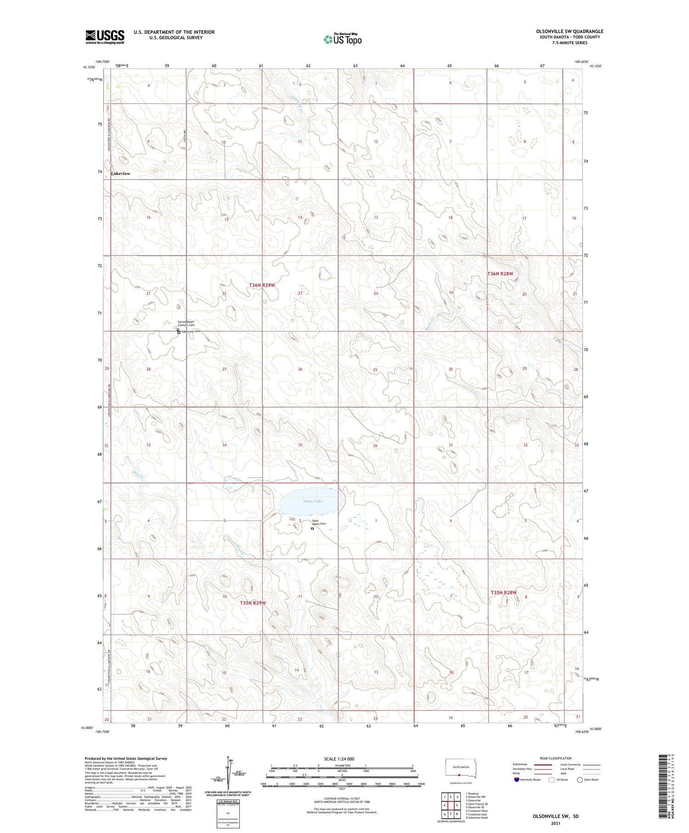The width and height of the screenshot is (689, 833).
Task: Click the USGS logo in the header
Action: pyautogui.click(x=105, y=37)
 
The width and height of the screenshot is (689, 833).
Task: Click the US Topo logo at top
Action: pyautogui.click(x=342, y=39)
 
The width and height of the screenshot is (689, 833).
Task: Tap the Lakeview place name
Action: pyautogui.click(x=121, y=174)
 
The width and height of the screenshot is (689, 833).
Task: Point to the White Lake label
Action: pyautogui.click(x=312, y=501)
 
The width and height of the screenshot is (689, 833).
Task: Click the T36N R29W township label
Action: pyautogui.click(x=262, y=285)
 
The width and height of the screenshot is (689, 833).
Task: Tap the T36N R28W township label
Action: pyautogui.click(x=500, y=274)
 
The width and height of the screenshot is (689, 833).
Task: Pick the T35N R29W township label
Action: pyautogui.click(x=253, y=603)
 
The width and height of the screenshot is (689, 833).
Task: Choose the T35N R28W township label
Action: pyautogui.click(x=503, y=593)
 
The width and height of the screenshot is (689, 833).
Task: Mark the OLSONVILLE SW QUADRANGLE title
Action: pyautogui.click(x=570, y=31)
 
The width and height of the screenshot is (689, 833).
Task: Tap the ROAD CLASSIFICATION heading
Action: pyautogui.click(x=556, y=758)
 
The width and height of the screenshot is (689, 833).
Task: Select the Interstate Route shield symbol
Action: pyautogui.click(x=517, y=780)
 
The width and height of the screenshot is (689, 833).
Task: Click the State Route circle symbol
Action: pyautogui.click(x=580, y=780)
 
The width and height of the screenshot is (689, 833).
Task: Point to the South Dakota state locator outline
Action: pyautogui.click(x=461, y=769)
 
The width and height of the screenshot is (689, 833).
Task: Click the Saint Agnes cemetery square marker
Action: pyautogui.click(x=312, y=528)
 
